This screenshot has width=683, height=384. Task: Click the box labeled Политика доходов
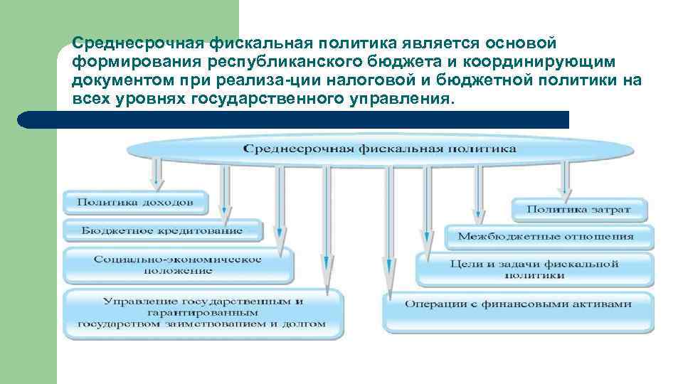pos(134,202)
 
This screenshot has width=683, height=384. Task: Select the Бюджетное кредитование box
pos(162,230)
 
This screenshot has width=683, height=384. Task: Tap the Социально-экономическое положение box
pos(178,265)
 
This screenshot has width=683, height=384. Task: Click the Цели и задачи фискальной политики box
pos(534,269)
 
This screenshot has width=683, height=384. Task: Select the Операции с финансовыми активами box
pos(518,304)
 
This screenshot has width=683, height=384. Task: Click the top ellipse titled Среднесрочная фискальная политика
pos(380,149)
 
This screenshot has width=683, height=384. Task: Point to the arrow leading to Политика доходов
pos(157,174)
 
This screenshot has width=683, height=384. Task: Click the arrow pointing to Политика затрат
pos(564,178)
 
